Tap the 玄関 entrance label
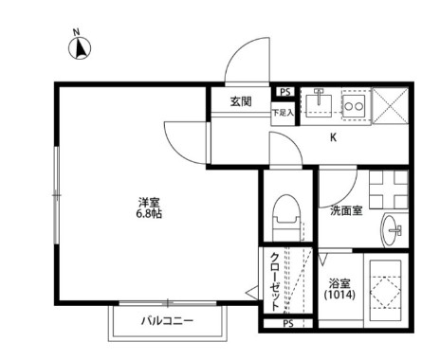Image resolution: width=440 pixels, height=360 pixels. [x=240, y=101]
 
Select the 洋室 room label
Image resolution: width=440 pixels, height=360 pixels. [x=149, y=202]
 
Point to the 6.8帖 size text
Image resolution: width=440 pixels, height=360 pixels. [x=149, y=214]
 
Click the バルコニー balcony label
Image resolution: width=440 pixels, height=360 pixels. [x=168, y=321]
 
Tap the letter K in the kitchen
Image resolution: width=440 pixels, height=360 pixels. [x=333, y=137]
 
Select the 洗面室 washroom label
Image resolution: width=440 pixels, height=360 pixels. [x=346, y=210]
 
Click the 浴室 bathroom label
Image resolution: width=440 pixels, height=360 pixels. [x=339, y=283]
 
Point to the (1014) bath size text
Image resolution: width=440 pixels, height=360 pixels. [x=339, y=296]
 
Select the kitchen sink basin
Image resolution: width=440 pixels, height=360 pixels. [x=318, y=102]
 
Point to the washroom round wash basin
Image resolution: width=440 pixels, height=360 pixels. [x=393, y=229]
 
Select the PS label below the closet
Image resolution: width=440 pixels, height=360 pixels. [x=287, y=324]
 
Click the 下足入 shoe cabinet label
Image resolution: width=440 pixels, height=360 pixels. [x=283, y=113]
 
